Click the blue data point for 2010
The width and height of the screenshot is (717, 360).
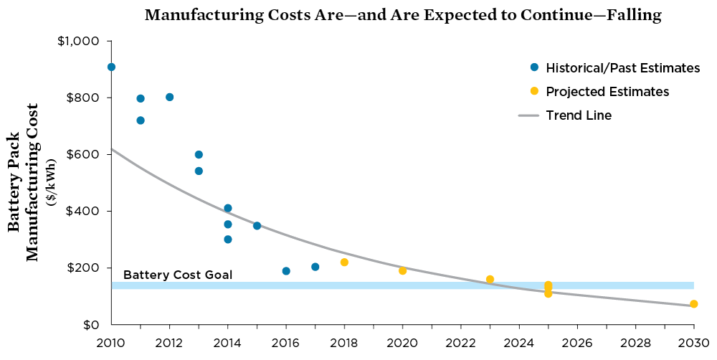tap(111, 67)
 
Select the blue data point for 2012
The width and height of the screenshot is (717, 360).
tap(169, 97)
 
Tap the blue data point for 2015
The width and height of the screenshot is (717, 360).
tap(257, 226)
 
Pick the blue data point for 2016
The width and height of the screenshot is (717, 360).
tap(286, 271)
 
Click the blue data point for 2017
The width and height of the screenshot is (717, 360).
tap(315, 267)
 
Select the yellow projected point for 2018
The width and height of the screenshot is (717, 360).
tap(344, 262)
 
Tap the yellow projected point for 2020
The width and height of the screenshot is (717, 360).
tap(402, 270)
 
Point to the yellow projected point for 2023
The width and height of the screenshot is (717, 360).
tap(490, 280)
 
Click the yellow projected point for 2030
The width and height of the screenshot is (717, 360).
tap(693, 304)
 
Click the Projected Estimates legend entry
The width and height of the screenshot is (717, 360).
tap(607, 92)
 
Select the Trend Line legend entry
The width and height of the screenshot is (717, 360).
tap(578, 115)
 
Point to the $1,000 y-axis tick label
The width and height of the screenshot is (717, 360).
tap(78, 41)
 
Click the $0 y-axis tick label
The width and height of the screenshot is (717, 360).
tap(90, 325)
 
